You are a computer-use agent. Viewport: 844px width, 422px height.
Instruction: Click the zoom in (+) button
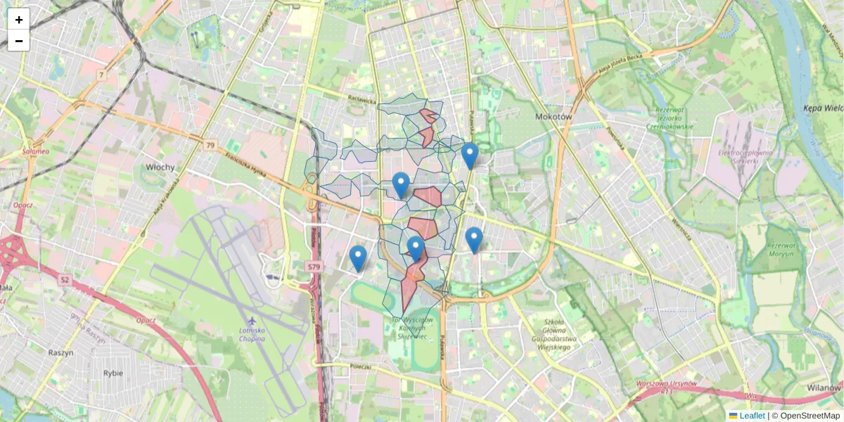[19, 19]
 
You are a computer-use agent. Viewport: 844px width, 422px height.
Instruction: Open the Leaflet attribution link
[751, 416]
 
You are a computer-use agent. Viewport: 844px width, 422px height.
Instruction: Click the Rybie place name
[113, 373]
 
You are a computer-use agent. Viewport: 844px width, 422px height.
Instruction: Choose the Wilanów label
[824, 388]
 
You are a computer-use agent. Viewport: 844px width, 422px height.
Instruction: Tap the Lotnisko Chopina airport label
[252, 334]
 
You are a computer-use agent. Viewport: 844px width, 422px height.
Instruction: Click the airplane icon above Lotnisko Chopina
[252, 321]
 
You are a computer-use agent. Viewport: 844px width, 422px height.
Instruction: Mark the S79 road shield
[314, 267]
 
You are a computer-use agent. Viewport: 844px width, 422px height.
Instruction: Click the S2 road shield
[65, 279]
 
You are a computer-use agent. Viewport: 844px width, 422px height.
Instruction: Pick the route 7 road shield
[102, 75]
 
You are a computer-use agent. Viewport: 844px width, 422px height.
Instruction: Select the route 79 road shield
[210, 145]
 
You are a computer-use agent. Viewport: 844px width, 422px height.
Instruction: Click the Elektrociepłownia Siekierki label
[746, 155]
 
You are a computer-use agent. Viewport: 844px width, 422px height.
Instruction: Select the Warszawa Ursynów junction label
[665, 385]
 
